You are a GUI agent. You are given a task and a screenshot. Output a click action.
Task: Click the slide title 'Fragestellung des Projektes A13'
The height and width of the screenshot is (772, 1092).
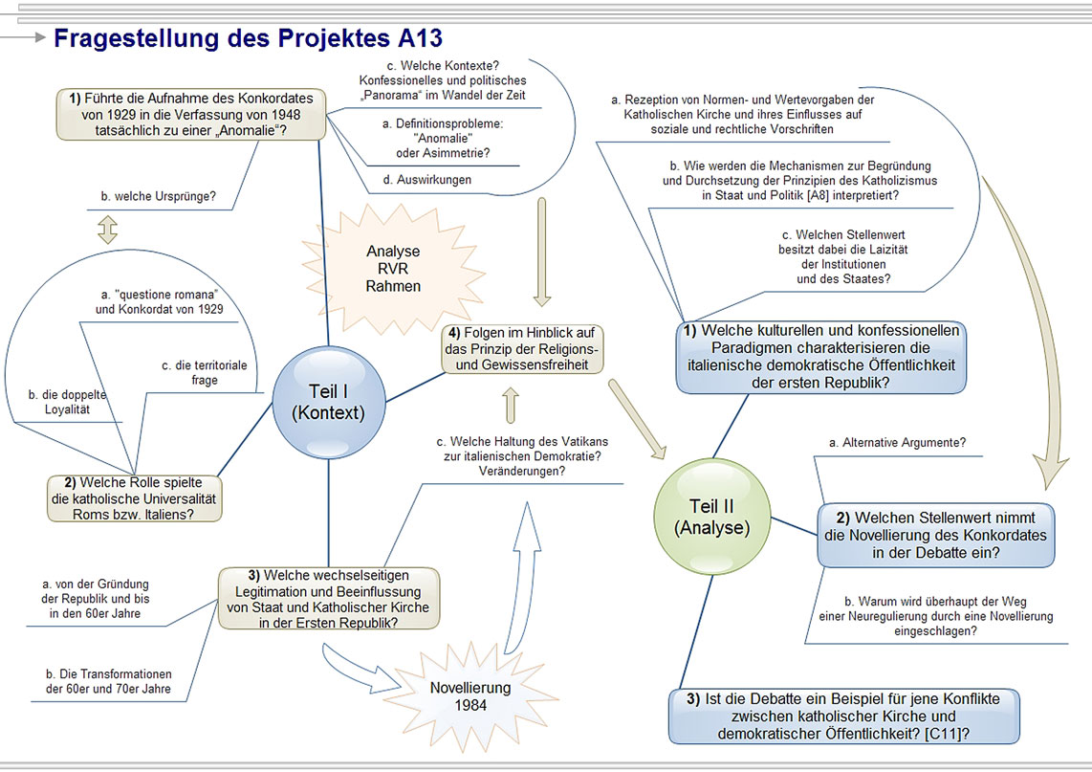point(248,38)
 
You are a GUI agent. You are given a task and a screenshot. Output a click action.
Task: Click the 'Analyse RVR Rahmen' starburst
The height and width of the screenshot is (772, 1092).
point(393,269)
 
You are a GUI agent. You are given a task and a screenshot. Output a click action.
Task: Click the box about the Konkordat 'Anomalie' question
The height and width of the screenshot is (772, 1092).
point(191,114)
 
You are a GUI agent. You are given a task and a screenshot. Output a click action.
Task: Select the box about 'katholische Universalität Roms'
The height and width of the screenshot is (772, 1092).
point(135,498)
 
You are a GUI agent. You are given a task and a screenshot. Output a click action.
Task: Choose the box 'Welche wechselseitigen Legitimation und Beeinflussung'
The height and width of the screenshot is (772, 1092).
point(328,599)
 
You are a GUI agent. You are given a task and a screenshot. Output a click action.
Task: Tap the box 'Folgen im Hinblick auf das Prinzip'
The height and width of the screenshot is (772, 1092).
point(522,348)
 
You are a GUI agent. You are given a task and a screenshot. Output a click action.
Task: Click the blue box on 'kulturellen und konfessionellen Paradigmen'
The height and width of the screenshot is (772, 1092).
point(821,357)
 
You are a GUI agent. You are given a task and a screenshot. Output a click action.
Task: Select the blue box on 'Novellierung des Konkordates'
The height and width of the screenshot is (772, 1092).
point(936,536)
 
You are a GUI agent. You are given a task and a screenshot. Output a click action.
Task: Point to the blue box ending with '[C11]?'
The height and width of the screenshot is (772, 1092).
point(843,717)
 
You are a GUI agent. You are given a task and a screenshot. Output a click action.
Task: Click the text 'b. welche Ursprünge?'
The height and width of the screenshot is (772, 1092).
point(158,198)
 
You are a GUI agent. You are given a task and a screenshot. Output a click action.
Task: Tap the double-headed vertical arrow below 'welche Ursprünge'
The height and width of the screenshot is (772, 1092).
point(107,230)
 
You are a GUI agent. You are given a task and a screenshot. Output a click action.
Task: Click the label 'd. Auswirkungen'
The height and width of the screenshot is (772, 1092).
point(428,179)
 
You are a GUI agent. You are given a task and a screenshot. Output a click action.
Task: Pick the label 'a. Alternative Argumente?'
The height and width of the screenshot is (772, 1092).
point(897,442)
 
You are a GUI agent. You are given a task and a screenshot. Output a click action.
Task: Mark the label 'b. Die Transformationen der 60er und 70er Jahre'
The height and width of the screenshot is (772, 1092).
point(109,679)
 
